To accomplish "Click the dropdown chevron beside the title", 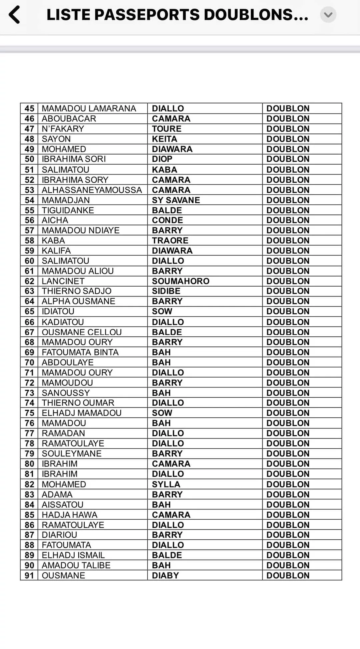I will pyautogui.click(x=328, y=15).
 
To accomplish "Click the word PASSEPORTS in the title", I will pyautogui.click(x=152, y=15).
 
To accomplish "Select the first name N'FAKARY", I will pyautogui.click(x=63, y=129).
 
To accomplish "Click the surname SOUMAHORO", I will pyautogui.click(x=180, y=281).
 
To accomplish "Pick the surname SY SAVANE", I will pyautogui.click(x=176, y=200).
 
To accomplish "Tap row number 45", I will pyautogui.click(x=29, y=109).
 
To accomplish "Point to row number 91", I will pyautogui.click(x=29, y=575).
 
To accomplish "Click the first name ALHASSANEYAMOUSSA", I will pyautogui.click(x=92, y=190).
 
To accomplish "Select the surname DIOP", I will pyautogui.click(x=162, y=159).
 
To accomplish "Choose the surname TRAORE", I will pyautogui.click(x=170, y=240).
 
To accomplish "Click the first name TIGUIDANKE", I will pyautogui.click(x=68, y=210).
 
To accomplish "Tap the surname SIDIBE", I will pyautogui.click(x=166, y=291).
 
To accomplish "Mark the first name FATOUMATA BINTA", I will pyautogui.click(x=80, y=352).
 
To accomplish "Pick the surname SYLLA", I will pyautogui.click(x=166, y=484).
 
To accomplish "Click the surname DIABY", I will pyautogui.click(x=165, y=575).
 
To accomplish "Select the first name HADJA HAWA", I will pyautogui.click(x=69, y=515).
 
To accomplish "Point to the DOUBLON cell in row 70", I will pyautogui.click(x=288, y=362).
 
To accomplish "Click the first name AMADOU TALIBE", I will pyautogui.click(x=76, y=565).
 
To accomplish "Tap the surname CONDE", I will pyautogui.click(x=167, y=220).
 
